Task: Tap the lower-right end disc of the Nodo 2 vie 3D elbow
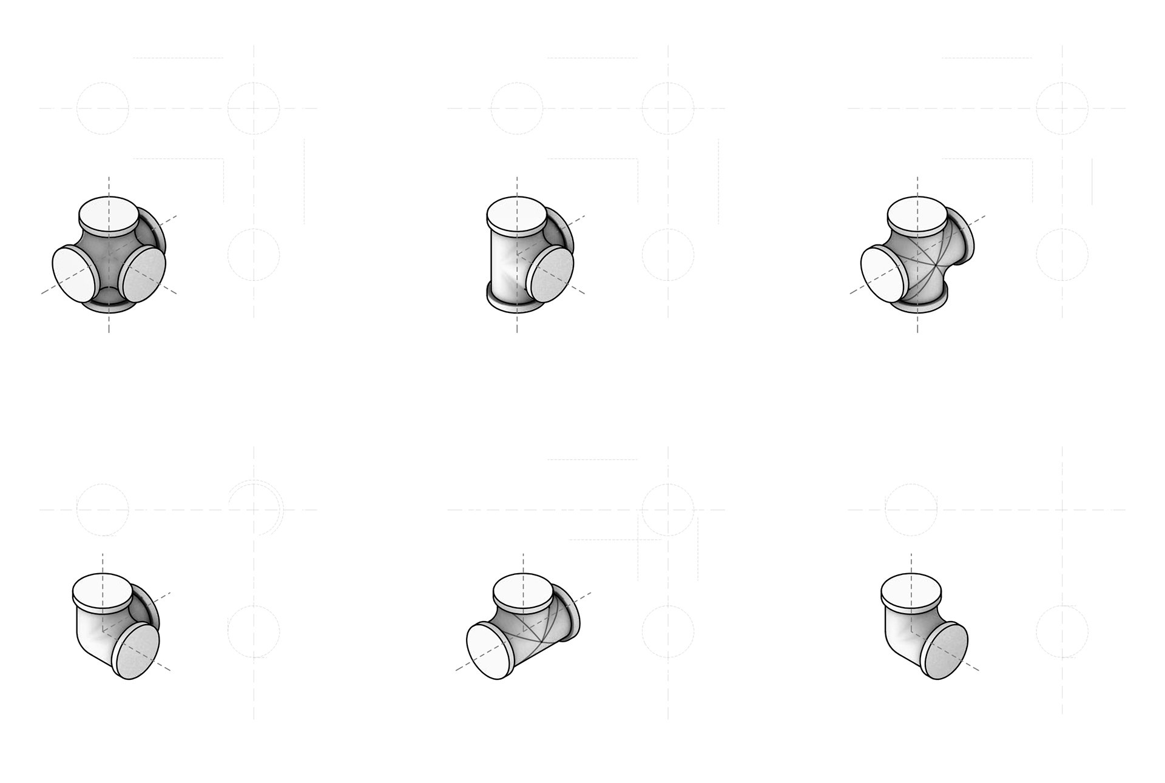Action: click(x=945, y=653)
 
